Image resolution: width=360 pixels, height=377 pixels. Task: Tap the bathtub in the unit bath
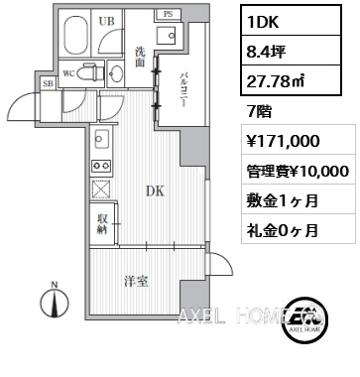(74, 37)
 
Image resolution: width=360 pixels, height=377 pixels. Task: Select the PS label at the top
(168, 14)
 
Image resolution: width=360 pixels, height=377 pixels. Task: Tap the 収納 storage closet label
(103, 224)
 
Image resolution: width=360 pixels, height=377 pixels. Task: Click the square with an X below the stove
(100, 188)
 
